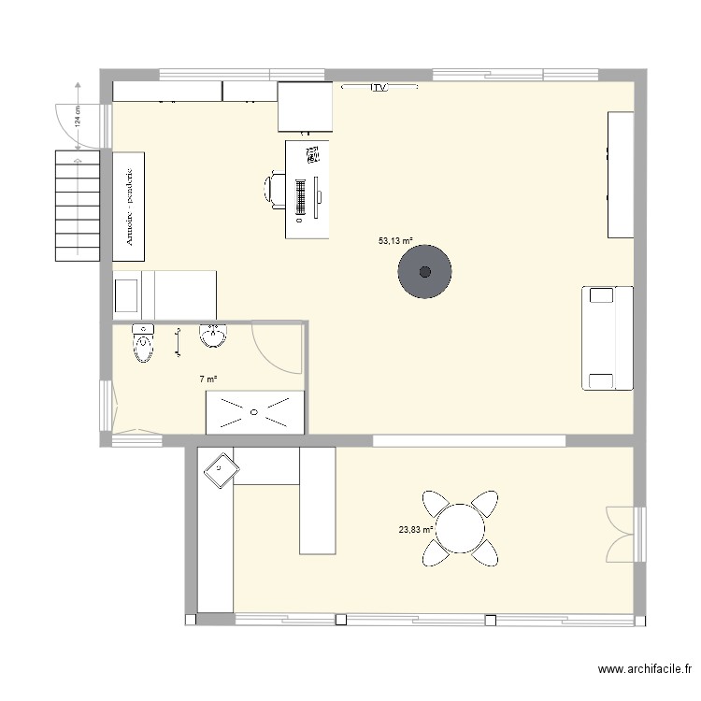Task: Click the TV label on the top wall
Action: [379, 88]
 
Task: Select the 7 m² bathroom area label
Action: [208, 379]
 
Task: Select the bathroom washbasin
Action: [214, 336]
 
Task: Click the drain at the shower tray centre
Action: [254, 410]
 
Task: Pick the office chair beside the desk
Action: [275, 189]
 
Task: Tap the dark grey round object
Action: [425, 272]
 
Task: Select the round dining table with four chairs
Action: [459, 529]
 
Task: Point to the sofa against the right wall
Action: [608, 337]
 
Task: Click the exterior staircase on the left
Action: [78, 207]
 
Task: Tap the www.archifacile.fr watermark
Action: [646, 669]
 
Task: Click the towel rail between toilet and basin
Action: [178, 341]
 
